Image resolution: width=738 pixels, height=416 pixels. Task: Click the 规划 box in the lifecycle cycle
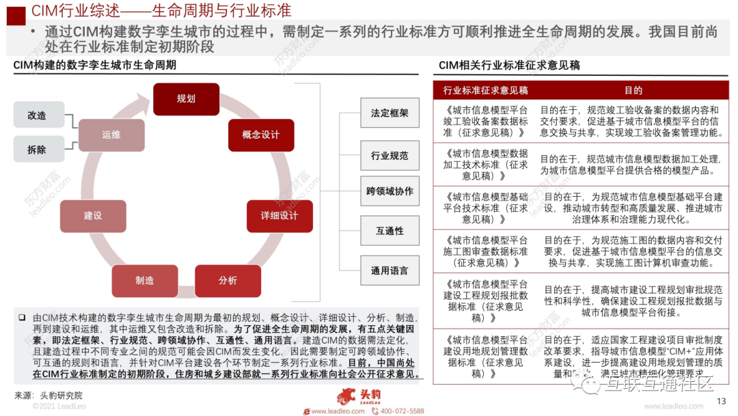click(x=186, y=99)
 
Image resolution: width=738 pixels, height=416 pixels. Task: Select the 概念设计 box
click(x=260, y=135)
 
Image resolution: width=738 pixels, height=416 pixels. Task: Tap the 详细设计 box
click(x=279, y=216)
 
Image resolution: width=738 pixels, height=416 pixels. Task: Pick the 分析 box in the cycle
click(x=228, y=281)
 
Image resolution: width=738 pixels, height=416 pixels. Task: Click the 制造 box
click(x=144, y=281)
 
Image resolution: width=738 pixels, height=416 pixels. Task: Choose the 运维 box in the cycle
click(x=111, y=135)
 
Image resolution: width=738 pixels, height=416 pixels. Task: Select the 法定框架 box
click(x=389, y=113)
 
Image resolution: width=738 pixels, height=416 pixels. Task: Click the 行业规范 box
click(x=389, y=156)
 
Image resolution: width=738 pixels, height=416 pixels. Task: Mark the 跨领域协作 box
click(x=389, y=192)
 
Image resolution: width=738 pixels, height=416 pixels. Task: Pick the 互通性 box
click(x=389, y=231)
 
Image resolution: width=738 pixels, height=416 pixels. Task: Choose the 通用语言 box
click(x=389, y=271)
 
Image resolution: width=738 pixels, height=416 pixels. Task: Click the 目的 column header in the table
click(x=633, y=90)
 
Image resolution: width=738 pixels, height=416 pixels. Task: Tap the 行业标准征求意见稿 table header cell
click(x=484, y=90)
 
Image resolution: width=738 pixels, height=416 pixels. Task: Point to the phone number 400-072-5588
click(x=402, y=411)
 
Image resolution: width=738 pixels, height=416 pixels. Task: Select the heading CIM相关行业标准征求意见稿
click(x=509, y=66)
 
